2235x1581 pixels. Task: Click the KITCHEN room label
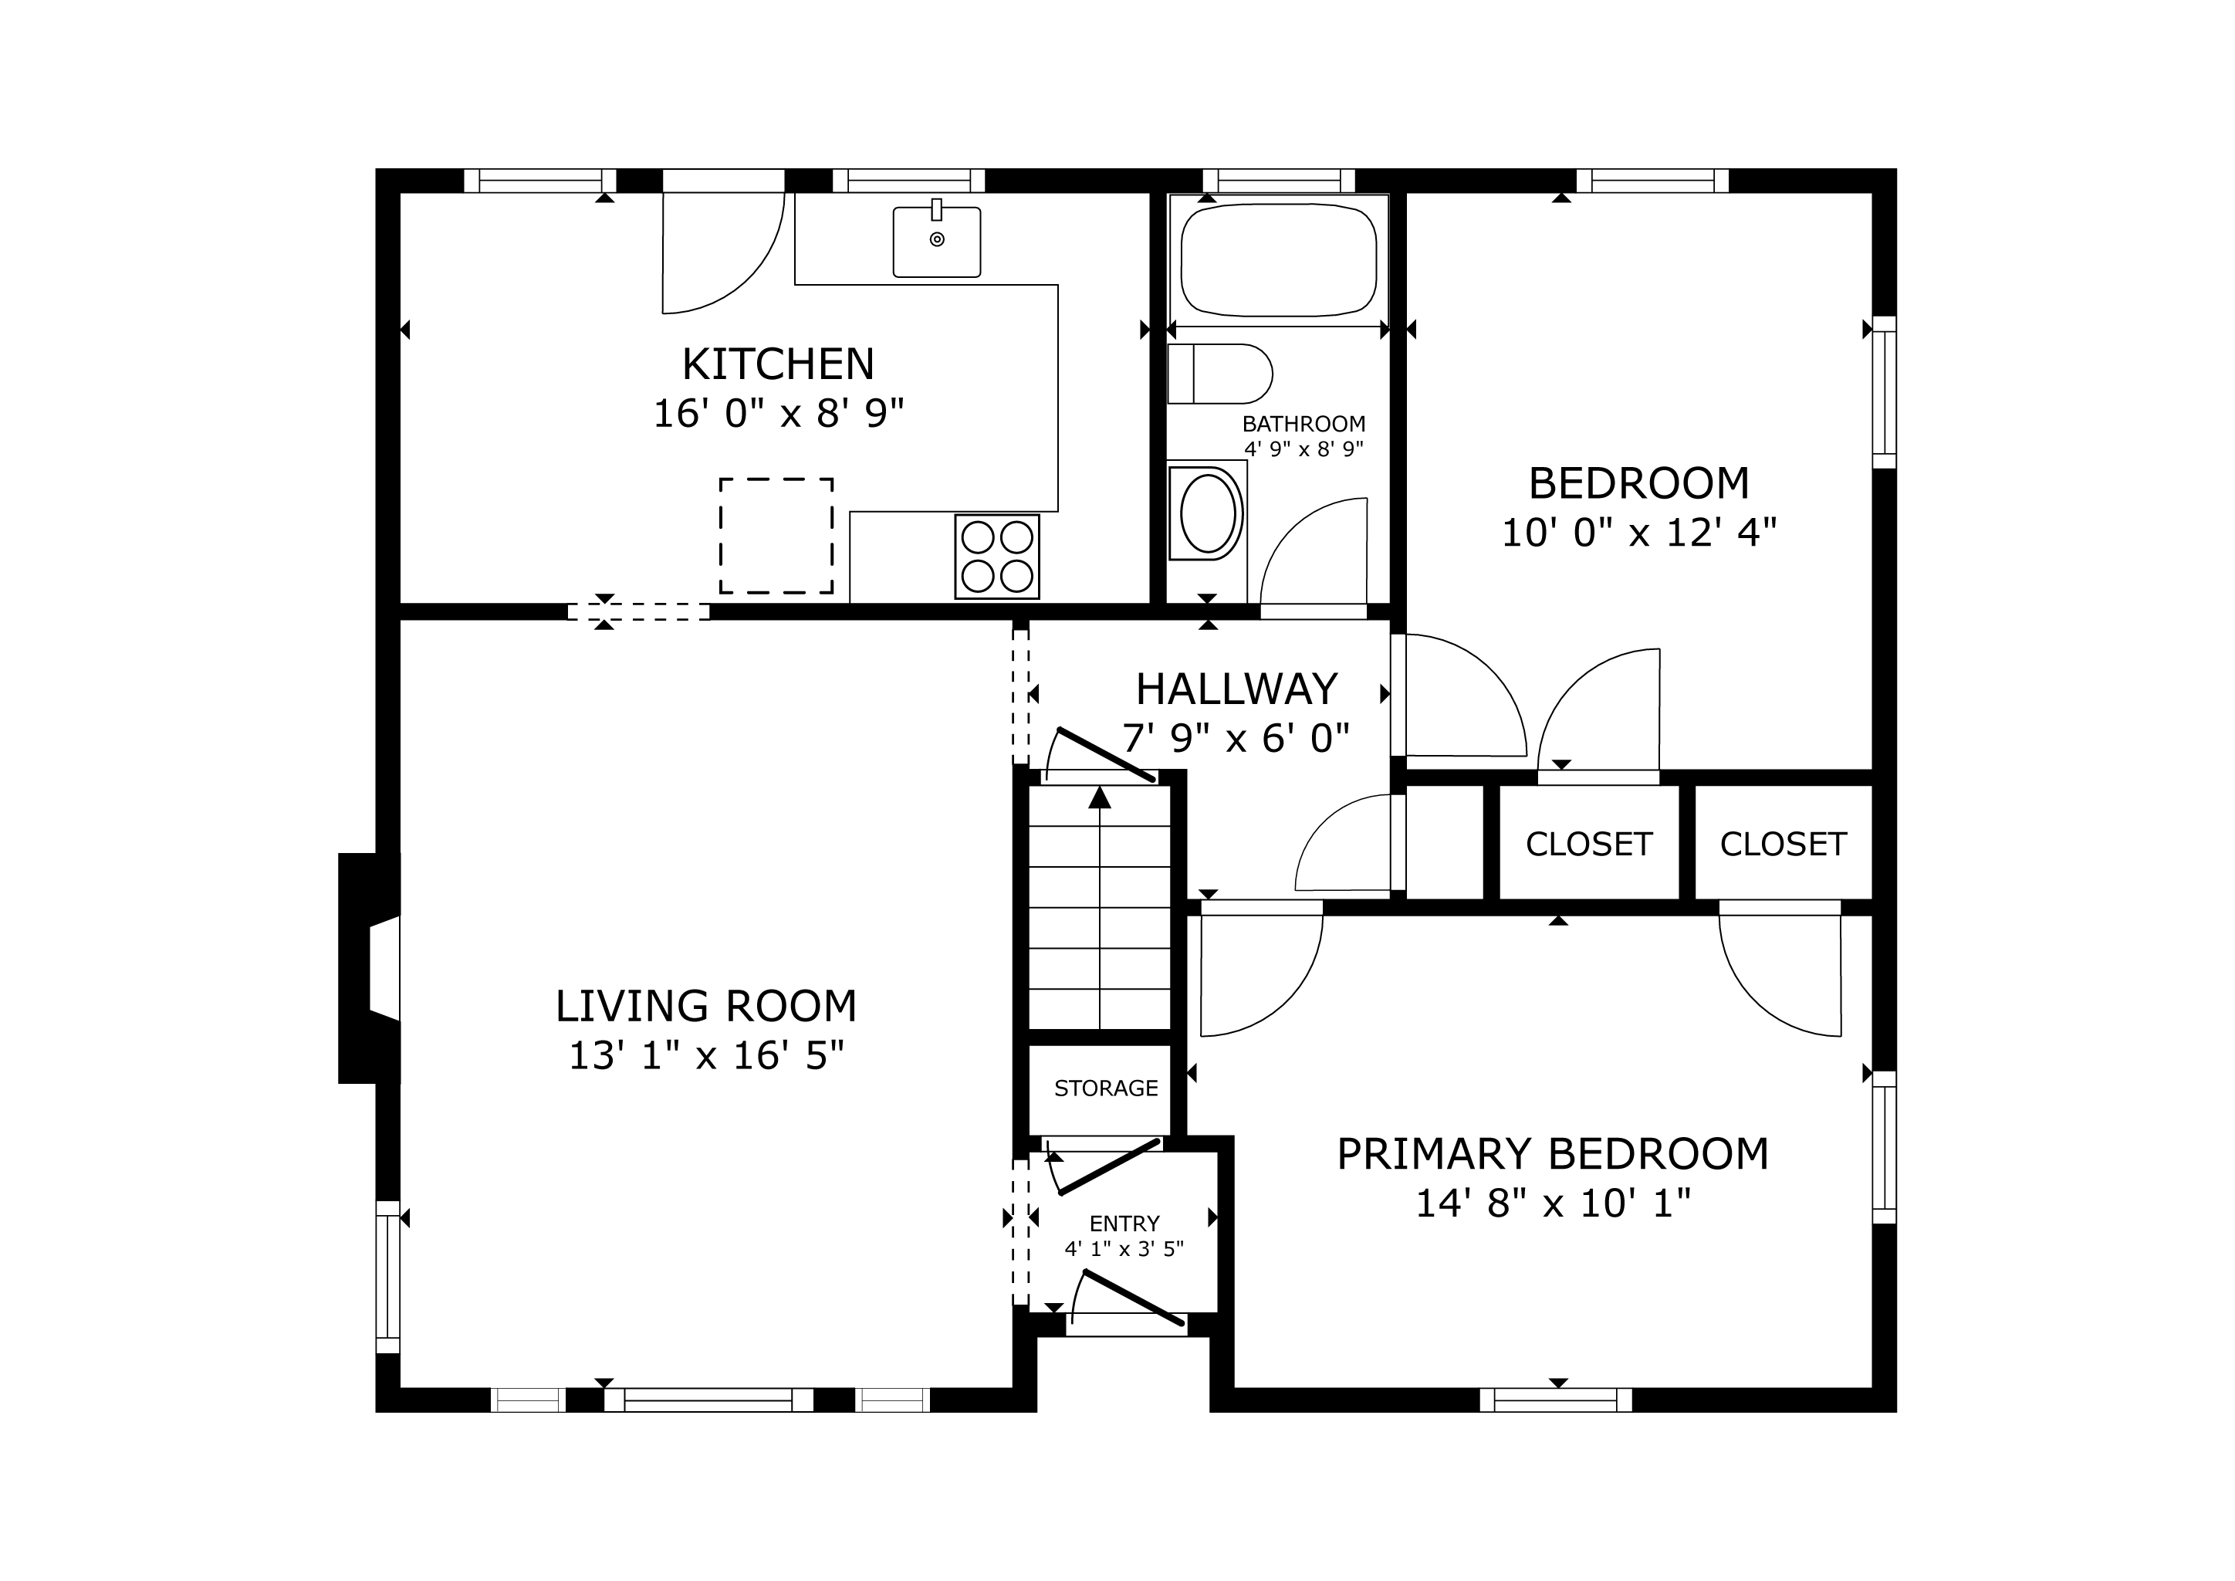(778, 365)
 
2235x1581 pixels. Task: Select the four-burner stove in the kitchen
(997, 556)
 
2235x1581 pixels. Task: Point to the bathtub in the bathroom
(1278, 260)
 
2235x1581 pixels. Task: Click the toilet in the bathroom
(1219, 374)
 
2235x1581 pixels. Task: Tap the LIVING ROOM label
(705, 1007)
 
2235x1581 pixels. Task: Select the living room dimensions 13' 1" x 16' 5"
(705, 1056)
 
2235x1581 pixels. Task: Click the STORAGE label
(1106, 1088)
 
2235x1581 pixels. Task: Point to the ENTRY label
(1124, 1224)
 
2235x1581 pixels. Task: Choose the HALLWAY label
(1236, 690)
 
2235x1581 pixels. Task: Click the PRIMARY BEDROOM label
(1553, 1155)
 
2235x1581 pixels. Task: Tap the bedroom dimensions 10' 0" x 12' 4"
(1639, 533)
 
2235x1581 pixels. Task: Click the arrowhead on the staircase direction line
(1100, 797)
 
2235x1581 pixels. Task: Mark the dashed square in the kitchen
(776, 536)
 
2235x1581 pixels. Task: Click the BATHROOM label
(1303, 425)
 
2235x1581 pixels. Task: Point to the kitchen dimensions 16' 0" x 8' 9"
(778, 414)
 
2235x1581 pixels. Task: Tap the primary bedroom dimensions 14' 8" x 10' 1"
(1553, 1204)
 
